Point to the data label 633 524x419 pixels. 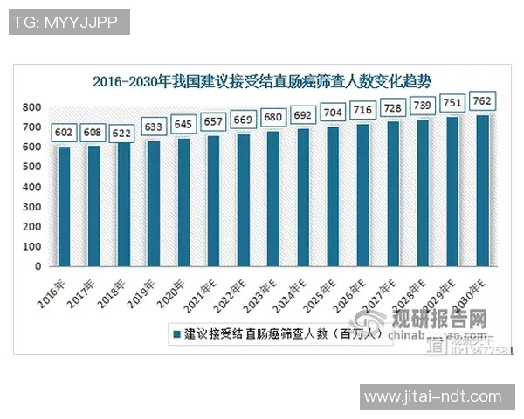[x=153, y=127]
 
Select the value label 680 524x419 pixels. [x=273, y=117]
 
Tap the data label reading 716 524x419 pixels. [x=363, y=110]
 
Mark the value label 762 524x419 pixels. [x=483, y=100]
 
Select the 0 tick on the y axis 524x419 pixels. [x=38, y=266]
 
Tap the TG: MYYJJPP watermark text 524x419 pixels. [x=69, y=22]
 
